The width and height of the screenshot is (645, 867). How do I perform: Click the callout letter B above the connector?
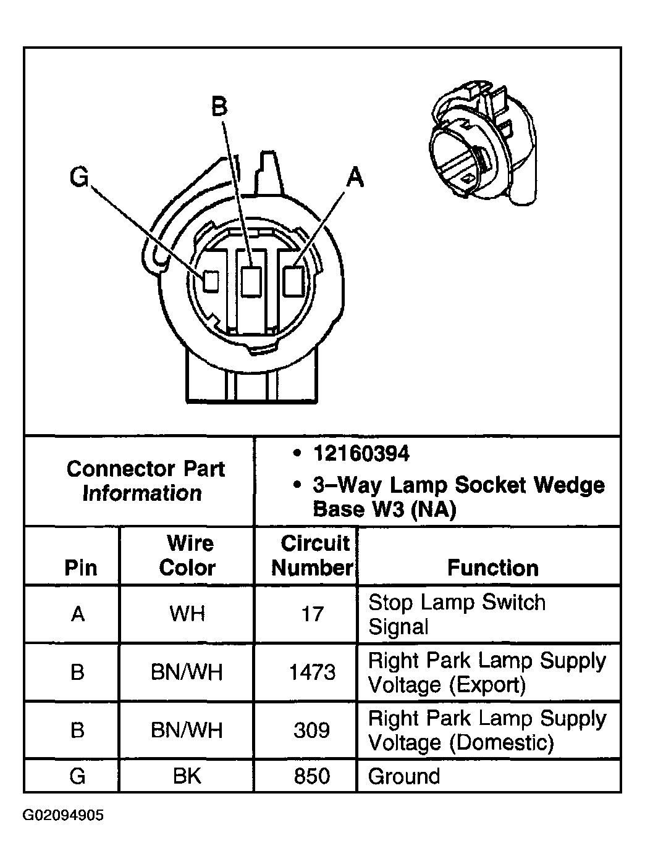219,106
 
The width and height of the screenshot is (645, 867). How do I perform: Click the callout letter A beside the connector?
354,177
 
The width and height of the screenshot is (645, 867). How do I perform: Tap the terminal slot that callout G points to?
211,281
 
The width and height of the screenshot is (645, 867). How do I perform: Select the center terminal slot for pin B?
251,282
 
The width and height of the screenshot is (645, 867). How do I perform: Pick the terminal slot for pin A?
292,281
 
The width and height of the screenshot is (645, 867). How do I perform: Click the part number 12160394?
361,454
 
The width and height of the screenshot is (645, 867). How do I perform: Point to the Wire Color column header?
188,555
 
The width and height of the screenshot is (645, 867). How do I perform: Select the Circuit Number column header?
312,555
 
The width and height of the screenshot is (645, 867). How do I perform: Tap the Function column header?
492,568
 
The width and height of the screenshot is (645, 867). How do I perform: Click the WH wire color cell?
187,614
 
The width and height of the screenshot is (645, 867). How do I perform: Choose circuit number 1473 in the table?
312,672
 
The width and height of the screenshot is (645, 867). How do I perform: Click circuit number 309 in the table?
312,730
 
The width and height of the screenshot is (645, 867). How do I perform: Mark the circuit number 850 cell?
312,776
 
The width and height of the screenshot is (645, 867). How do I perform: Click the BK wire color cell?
187,776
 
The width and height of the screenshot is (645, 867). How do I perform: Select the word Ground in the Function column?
404,776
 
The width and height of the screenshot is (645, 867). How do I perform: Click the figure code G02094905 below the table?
63,816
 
